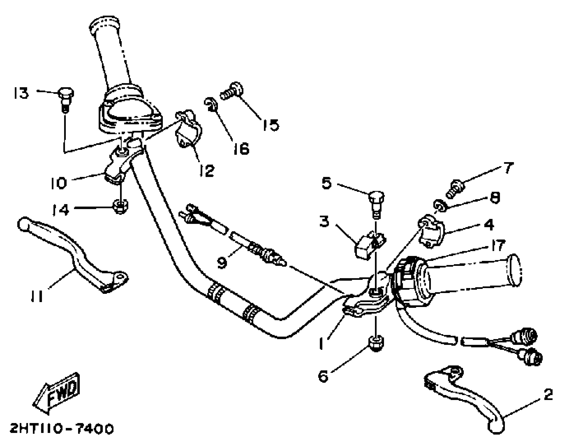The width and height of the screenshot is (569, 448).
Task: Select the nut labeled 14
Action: [x=120, y=206]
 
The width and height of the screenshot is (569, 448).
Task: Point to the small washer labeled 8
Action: [x=439, y=205]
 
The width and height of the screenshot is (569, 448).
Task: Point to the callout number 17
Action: [x=498, y=245]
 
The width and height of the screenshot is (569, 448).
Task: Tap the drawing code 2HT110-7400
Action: [x=62, y=429]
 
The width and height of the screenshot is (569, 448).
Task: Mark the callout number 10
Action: [x=59, y=183]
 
